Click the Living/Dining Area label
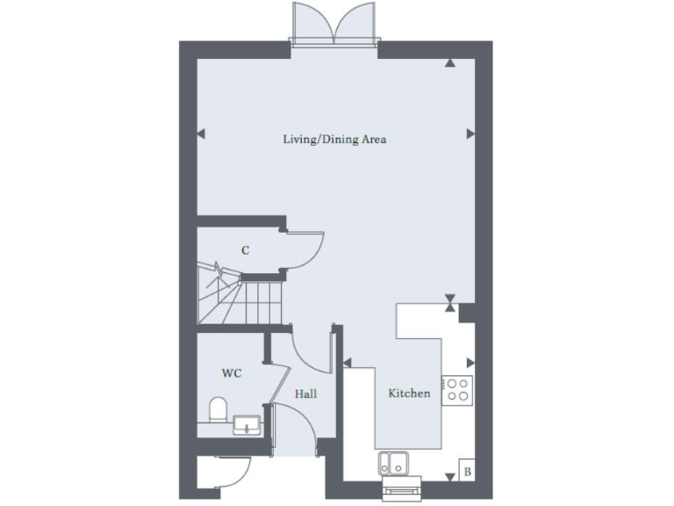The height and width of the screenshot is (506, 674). click(334, 140)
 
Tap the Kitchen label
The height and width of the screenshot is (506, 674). click(409, 394)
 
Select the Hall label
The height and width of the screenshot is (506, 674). click(305, 394)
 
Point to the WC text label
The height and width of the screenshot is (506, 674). click(231, 373)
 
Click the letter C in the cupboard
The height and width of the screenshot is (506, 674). click(246, 250)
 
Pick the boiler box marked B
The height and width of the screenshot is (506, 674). click(466, 472)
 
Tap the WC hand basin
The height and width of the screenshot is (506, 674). click(247, 426)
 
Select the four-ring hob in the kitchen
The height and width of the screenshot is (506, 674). click(456, 389)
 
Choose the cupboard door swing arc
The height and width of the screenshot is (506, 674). click(308, 249)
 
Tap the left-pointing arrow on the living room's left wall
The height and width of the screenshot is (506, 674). click(200, 134)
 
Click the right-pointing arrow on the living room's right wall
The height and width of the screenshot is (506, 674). click(470, 134)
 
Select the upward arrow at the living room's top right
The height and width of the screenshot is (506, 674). click(449, 63)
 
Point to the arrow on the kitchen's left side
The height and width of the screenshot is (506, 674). click(348, 361)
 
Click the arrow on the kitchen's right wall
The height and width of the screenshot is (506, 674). click(470, 361)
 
